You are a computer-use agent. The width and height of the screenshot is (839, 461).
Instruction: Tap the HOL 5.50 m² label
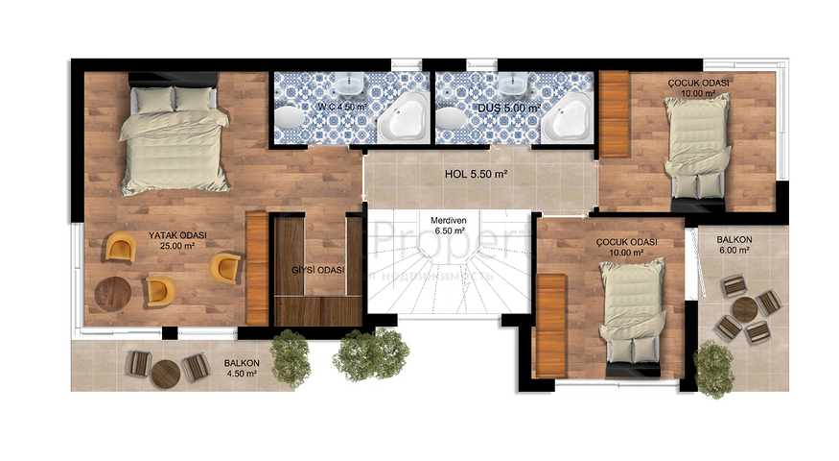(x=476, y=174)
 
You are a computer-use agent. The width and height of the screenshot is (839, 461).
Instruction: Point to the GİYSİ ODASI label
(x=317, y=269)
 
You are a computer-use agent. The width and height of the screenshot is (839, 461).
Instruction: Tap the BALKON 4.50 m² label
(x=242, y=369)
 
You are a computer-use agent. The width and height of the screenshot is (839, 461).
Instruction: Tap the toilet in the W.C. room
(x=288, y=118)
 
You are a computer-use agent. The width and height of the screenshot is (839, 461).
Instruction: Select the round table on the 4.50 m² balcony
(x=167, y=373)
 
